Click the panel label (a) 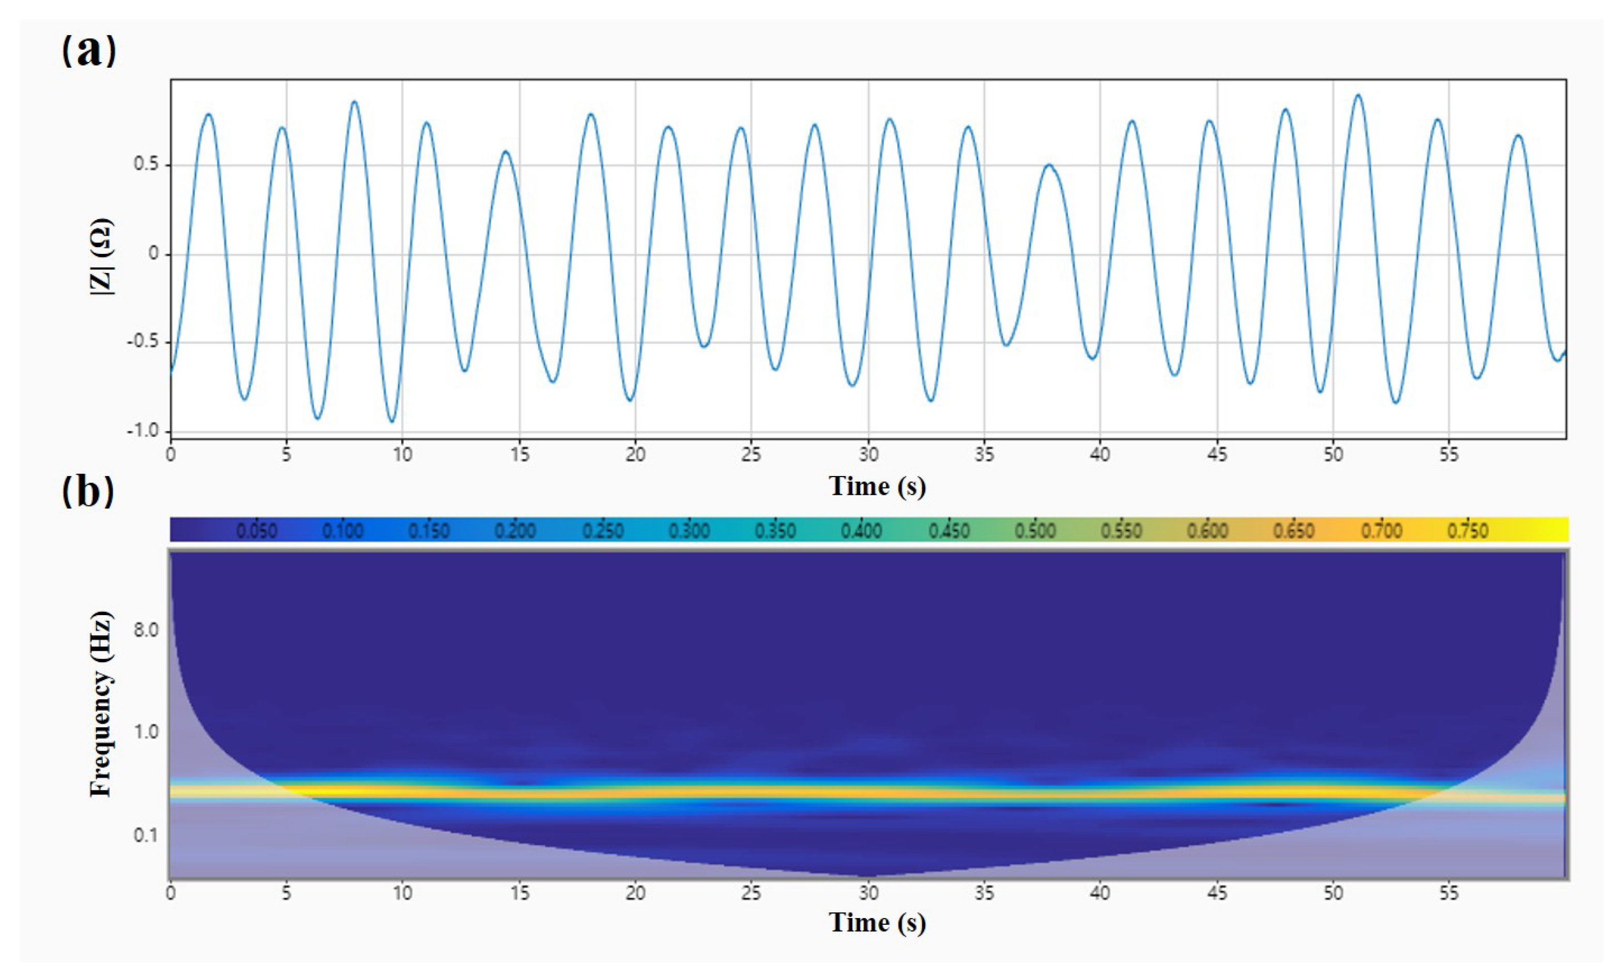[x=89, y=49]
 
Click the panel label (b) [x=88, y=491]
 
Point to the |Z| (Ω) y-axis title [x=101, y=256]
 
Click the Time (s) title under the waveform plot [x=877, y=486]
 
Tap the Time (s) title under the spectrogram [x=877, y=923]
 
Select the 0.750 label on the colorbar [x=1468, y=530]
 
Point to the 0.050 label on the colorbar [x=256, y=530]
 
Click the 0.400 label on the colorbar [x=861, y=530]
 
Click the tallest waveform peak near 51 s [x=1358, y=95]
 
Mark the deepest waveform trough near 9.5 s [x=392, y=421]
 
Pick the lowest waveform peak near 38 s [x=1049, y=165]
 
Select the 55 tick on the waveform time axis [x=1448, y=455]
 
